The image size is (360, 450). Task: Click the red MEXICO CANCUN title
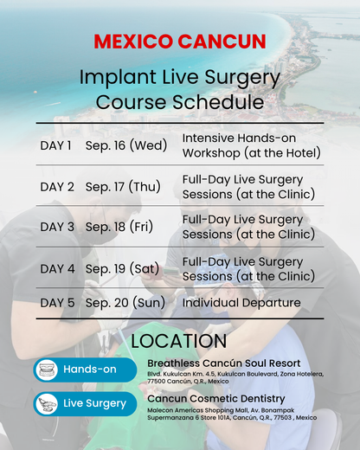click(180, 42)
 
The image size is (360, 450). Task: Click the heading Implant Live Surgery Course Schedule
click(180, 89)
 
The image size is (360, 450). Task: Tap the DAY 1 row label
click(56, 145)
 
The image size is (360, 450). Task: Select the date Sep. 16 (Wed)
click(126, 145)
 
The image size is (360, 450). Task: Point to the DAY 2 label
click(57, 186)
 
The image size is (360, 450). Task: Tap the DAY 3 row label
click(57, 228)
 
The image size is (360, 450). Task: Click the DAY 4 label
click(57, 269)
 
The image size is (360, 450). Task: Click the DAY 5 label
click(57, 303)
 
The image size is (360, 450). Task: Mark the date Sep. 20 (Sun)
click(126, 303)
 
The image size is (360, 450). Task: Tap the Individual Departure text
click(241, 303)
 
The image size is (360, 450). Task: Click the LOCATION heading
click(179, 341)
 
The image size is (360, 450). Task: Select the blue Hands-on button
click(85, 370)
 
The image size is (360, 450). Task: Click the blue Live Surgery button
click(85, 403)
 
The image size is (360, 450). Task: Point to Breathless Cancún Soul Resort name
click(224, 363)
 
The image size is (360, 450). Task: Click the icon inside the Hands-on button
click(47, 370)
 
